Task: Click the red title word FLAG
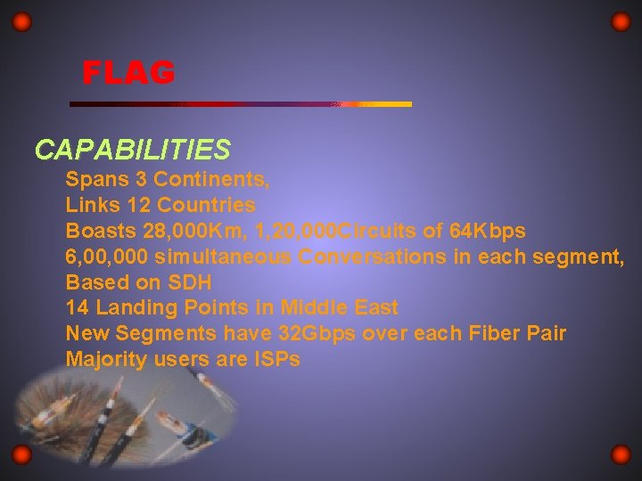128,72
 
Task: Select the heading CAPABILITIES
133,149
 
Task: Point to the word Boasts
99,232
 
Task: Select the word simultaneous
223,257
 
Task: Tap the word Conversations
368,257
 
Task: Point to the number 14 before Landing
78,309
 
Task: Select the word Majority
106,361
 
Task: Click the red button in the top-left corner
23,21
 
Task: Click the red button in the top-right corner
621,21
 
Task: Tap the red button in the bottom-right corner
621,455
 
